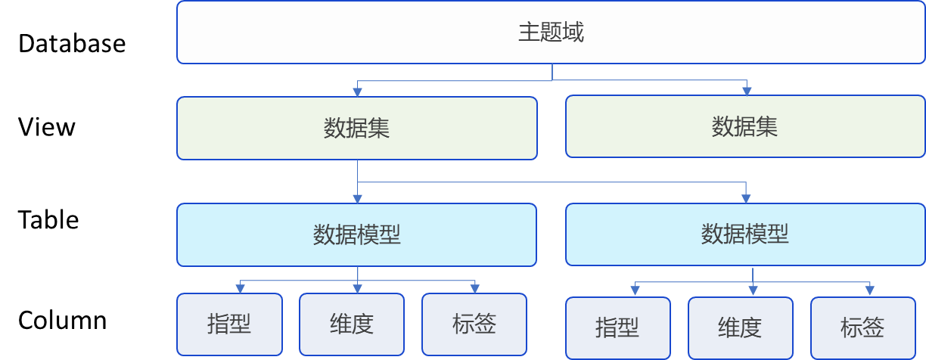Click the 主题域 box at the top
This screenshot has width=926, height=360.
pos(551,32)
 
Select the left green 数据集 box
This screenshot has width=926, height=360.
pos(357,128)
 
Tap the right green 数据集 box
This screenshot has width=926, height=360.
pos(745,126)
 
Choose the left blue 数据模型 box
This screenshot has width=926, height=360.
pos(357,234)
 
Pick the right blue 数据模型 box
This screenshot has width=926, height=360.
pos(745,234)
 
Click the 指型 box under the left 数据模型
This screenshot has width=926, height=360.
pos(229,324)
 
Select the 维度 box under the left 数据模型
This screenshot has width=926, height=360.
pos(352,324)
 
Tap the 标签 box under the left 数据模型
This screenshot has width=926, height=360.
pos(474,324)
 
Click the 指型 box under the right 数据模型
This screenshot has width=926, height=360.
pos(617,327)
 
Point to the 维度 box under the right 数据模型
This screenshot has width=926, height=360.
pos(740,327)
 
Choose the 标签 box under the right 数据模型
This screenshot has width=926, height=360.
pos(862,327)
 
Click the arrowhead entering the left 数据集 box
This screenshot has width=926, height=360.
pos(357,92)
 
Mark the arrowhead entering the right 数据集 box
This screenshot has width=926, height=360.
pos(747,91)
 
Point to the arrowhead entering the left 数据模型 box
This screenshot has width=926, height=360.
pos(357,199)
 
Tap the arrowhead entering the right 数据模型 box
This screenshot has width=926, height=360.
pos(747,199)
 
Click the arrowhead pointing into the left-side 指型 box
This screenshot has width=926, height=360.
pos(241,289)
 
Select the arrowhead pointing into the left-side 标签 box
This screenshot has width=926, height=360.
pos(475,289)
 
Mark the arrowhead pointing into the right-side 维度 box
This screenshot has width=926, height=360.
pos(752,292)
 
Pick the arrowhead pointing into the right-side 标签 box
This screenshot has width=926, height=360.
pos(870,292)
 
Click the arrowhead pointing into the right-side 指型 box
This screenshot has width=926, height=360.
pos(635,292)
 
